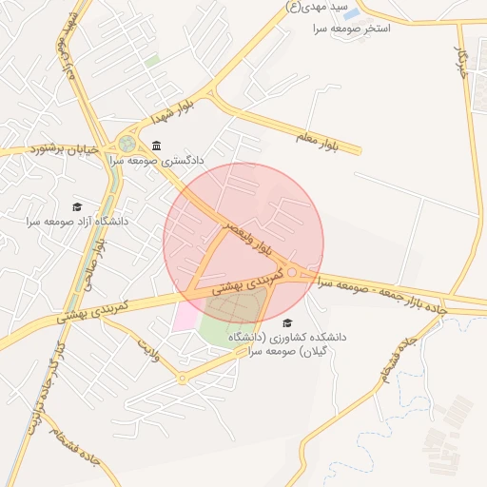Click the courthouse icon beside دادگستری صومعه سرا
click(156, 146)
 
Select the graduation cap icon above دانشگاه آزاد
click(77, 206)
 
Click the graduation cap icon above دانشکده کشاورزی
click(288, 323)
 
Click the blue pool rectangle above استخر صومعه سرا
click(352, 14)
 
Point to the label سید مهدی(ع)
click(314, 6)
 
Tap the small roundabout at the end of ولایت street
click(183, 378)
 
